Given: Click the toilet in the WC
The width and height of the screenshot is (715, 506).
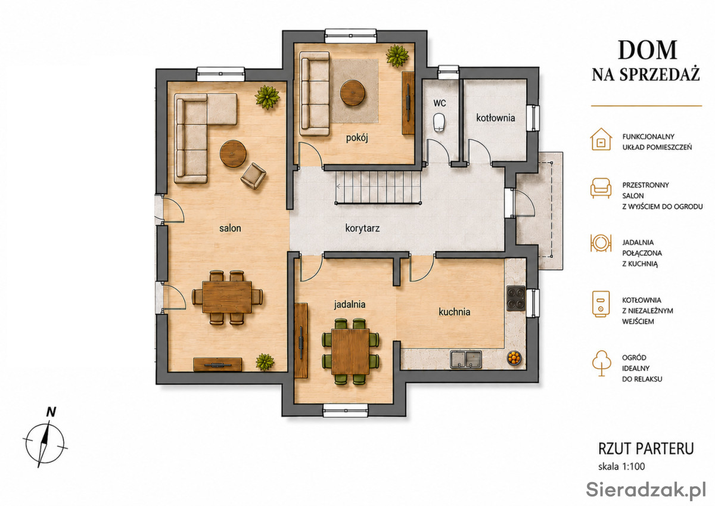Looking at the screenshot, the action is click(x=439, y=122).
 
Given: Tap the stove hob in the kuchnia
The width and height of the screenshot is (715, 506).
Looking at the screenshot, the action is click(x=516, y=298).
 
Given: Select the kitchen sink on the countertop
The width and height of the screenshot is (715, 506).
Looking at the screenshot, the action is click(x=466, y=359).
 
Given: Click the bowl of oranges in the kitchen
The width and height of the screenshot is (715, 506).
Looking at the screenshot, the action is click(x=514, y=358).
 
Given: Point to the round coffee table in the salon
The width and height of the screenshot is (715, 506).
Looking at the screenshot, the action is click(x=233, y=154).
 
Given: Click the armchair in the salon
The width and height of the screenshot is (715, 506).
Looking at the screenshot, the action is click(x=253, y=176).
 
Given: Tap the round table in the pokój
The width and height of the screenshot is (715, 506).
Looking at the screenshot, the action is click(x=352, y=92).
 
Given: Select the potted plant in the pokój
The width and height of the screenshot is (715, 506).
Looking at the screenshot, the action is click(x=397, y=56).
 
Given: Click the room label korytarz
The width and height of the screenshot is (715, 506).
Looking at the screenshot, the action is click(x=362, y=228).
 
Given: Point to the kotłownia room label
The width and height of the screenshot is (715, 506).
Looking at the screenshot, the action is click(x=495, y=118).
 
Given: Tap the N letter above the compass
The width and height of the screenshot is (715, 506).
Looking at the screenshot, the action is click(x=51, y=412).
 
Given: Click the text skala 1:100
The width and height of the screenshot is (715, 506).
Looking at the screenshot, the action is click(x=621, y=467).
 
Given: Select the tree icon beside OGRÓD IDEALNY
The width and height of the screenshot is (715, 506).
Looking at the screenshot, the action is click(x=601, y=364).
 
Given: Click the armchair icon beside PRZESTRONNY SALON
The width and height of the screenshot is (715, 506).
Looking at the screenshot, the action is click(x=601, y=188).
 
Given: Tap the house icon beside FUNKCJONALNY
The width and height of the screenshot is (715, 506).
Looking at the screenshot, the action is click(x=601, y=139).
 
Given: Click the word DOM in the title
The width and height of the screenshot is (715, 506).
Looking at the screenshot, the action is click(x=647, y=51).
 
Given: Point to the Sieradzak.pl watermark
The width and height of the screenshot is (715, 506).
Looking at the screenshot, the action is click(x=646, y=490).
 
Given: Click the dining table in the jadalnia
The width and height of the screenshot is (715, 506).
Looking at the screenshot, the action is click(x=350, y=351).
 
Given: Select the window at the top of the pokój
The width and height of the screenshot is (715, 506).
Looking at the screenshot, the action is click(x=350, y=36).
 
